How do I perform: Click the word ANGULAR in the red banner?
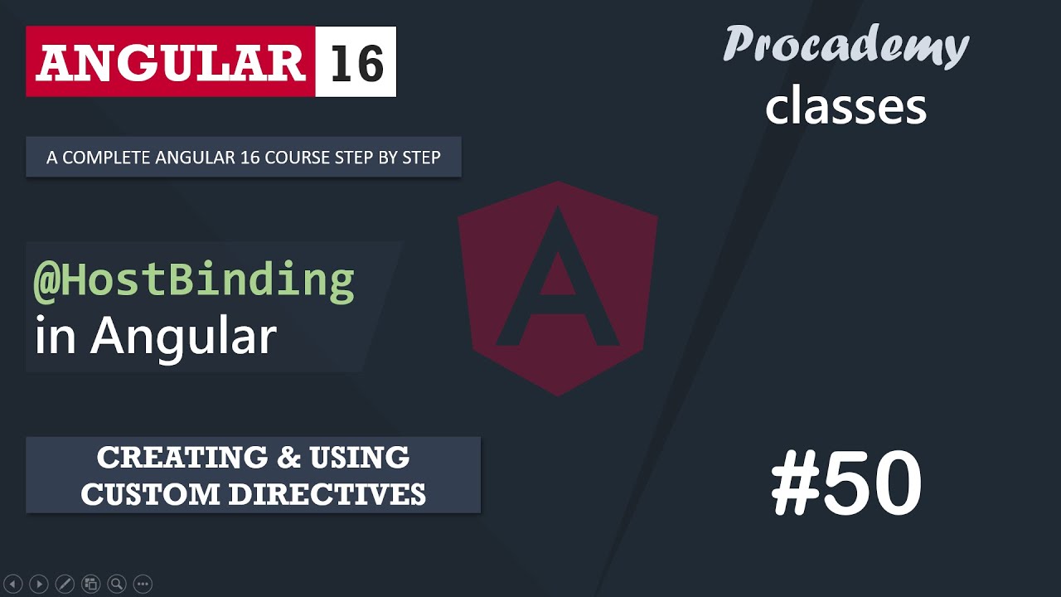point(170,63)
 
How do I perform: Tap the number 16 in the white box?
point(356,63)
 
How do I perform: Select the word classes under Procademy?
point(845,107)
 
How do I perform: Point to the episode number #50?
point(845,484)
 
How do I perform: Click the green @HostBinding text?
point(194,280)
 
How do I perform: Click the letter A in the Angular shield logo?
point(557,282)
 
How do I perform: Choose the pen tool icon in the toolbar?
point(65,584)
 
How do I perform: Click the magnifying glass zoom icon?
point(117,584)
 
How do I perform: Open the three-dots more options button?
point(143,584)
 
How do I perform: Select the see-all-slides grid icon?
point(91,584)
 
